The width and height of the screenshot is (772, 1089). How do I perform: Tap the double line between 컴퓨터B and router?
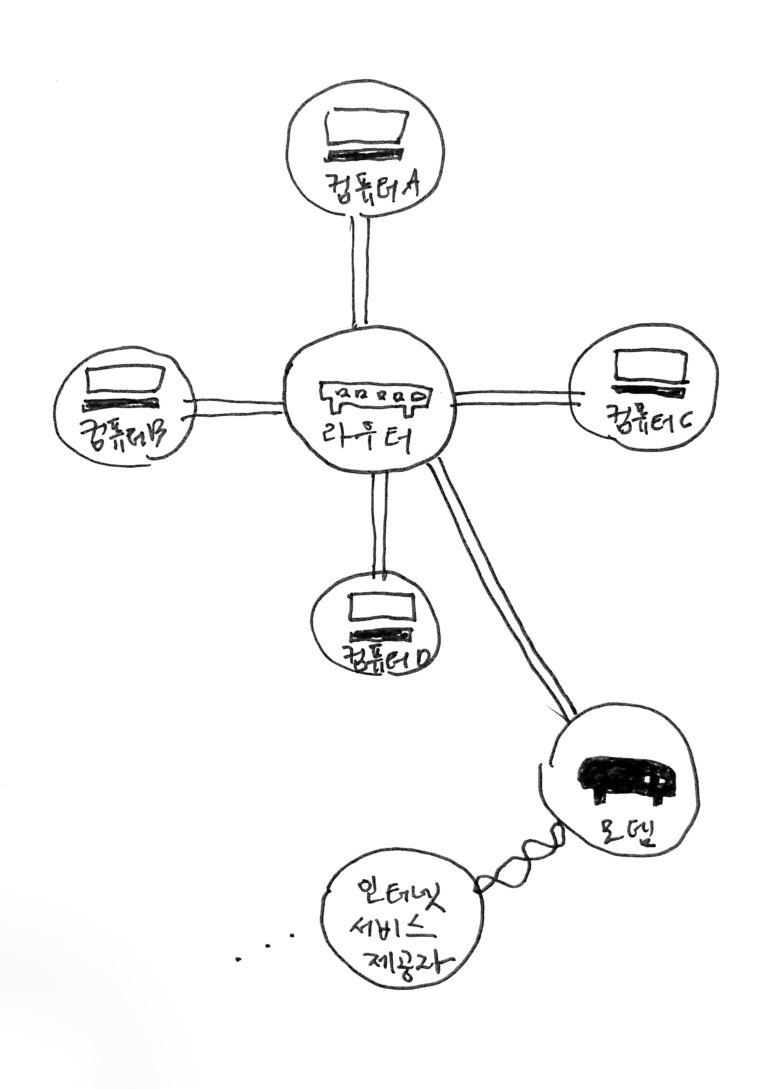[x=236, y=408]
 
